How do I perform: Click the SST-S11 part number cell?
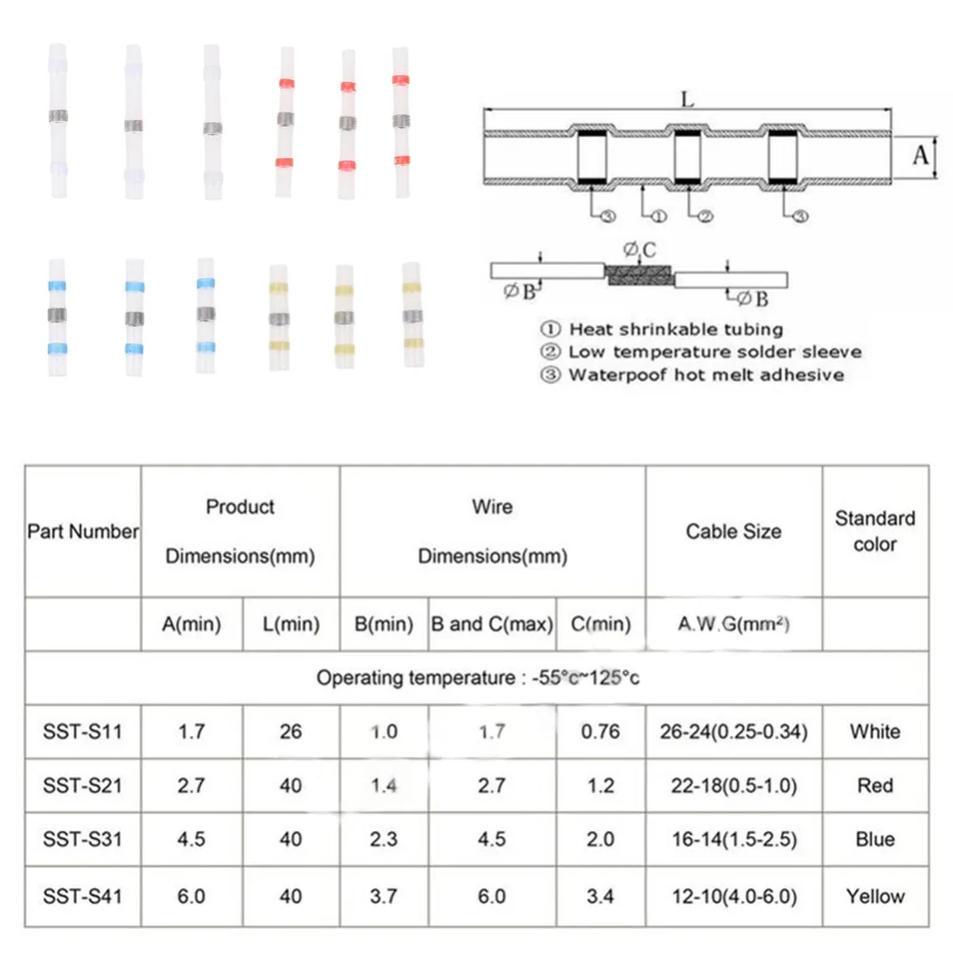click(x=82, y=732)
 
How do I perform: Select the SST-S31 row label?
click(x=82, y=840)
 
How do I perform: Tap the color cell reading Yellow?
click(x=875, y=896)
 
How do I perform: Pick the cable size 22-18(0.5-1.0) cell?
click(x=734, y=786)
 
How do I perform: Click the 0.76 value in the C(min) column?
click(x=600, y=732)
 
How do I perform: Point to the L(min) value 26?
click(x=291, y=732)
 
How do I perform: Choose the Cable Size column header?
click(x=734, y=532)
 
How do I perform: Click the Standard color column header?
click(x=875, y=532)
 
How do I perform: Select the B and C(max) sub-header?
click(x=492, y=625)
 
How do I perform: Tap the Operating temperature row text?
click(x=476, y=679)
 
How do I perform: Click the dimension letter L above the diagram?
click(x=687, y=98)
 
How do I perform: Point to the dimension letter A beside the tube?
click(x=920, y=154)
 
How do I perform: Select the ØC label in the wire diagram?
click(x=640, y=251)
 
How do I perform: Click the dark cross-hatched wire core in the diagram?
click(x=639, y=274)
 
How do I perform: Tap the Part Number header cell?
click(x=82, y=532)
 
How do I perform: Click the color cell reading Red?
click(x=875, y=786)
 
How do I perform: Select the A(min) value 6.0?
click(x=191, y=896)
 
